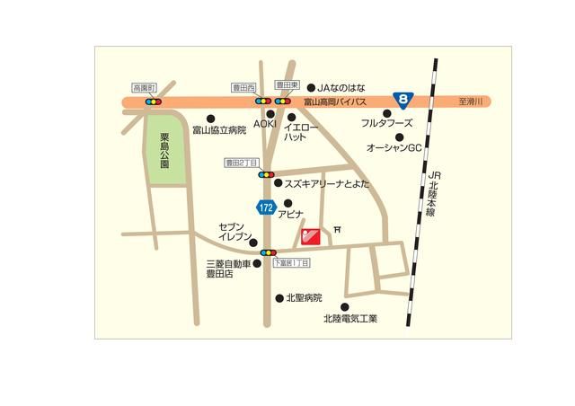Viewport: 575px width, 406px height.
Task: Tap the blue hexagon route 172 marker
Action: tap(265, 207)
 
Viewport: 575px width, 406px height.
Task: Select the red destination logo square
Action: tap(309, 236)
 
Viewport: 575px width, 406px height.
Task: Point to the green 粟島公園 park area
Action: tap(165, 152)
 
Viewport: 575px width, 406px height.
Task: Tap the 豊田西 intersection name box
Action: tap(244, 89)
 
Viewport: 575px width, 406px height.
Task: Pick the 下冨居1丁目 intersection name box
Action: tap(290, 262)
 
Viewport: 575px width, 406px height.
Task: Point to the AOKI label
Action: tap(264, 123)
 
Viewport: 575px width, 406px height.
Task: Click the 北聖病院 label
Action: tap(303, 297)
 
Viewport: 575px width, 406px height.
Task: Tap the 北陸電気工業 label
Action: tap(351, 318)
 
